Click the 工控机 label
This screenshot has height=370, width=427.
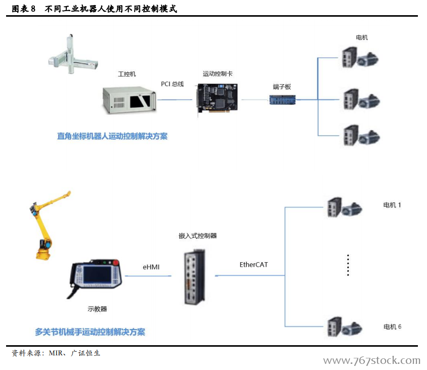[x=127, y=74]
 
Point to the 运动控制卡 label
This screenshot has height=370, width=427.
[x=218, y=74]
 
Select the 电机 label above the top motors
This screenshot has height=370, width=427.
[x=362, y=38]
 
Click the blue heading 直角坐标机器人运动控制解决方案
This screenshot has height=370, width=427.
[x=112, y=136]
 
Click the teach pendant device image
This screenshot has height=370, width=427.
[x=96, y=277]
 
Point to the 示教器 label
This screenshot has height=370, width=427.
[x=97, y=309]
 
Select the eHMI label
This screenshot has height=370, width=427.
[x=151, y=267]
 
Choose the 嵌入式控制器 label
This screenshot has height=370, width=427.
[x=198, y=236]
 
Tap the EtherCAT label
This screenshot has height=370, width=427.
[x=253, y=265]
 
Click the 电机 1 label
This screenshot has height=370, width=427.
[x=392, y=205]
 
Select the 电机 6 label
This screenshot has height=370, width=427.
[x=392, y=326]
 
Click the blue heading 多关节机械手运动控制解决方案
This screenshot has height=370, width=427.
[x=90, y=332]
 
